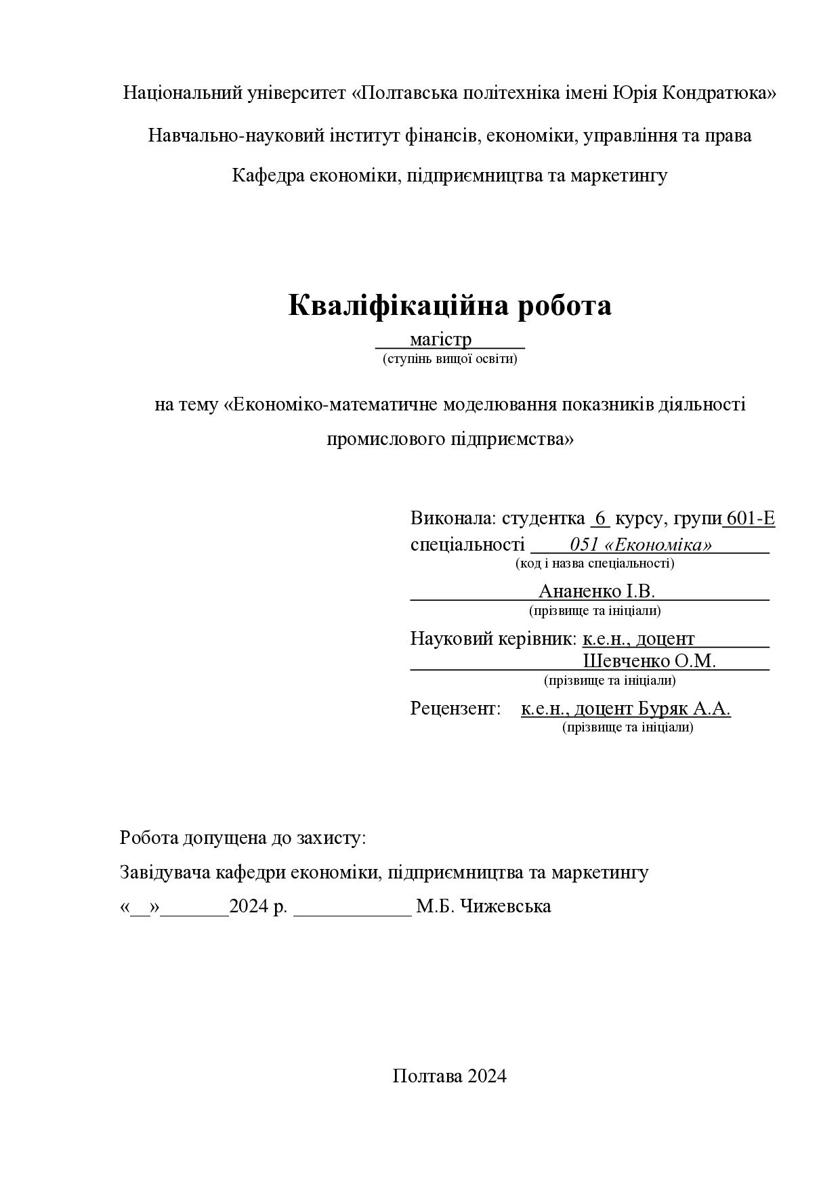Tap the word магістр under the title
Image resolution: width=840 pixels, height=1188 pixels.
pyautogui.click(x=440, y=339)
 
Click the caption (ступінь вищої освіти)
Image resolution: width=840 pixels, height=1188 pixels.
pyautogui.click(x=450, y=358)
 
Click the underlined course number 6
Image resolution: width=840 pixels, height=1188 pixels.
pyautogui.click(x=600, y=519)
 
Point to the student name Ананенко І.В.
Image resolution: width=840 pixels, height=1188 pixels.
pyautogui.click(x=596, y=591)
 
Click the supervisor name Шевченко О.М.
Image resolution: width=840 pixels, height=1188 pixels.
pyautogui.click(x=649, y=661)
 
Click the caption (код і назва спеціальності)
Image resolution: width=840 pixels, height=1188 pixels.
pyautogui.click(x=595, y=563)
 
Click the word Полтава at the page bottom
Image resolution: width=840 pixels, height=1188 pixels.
pyautogui.click(x=427, y=1076)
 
